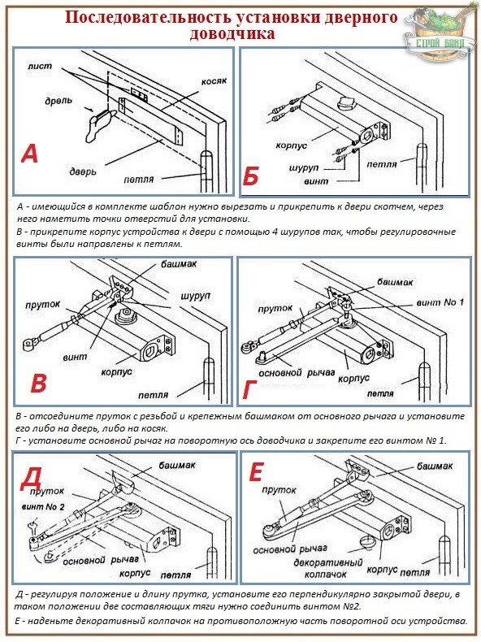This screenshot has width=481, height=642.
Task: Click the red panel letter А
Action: point(29,154)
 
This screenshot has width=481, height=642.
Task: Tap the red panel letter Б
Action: point(250,176)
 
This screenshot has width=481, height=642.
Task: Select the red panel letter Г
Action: point(249,389)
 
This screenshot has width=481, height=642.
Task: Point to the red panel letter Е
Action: point(255,472)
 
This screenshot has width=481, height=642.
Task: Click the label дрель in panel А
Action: point(58,100)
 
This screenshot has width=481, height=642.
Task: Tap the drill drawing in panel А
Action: point(98,125)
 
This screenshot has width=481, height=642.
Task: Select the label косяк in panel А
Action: point(214,81)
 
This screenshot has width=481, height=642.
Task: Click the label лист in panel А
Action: point(40,66)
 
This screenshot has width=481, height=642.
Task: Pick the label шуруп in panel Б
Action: point(303,168)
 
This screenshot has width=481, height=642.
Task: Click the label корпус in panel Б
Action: point(291,145)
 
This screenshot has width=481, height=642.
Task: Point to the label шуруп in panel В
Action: point(196,296)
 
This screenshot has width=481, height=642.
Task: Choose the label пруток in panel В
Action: point(42,305)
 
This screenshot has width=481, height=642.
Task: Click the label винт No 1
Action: point(440,302)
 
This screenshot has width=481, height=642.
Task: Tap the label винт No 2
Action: point(43,507)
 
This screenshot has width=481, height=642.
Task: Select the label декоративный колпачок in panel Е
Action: point(328,568)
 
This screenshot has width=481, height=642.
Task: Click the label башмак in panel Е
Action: point(435,466)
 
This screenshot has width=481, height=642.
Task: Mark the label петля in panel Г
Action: point(380,393)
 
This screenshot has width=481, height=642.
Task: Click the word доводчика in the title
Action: point(232,33)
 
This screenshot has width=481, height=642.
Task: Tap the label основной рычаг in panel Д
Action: point(101,560)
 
